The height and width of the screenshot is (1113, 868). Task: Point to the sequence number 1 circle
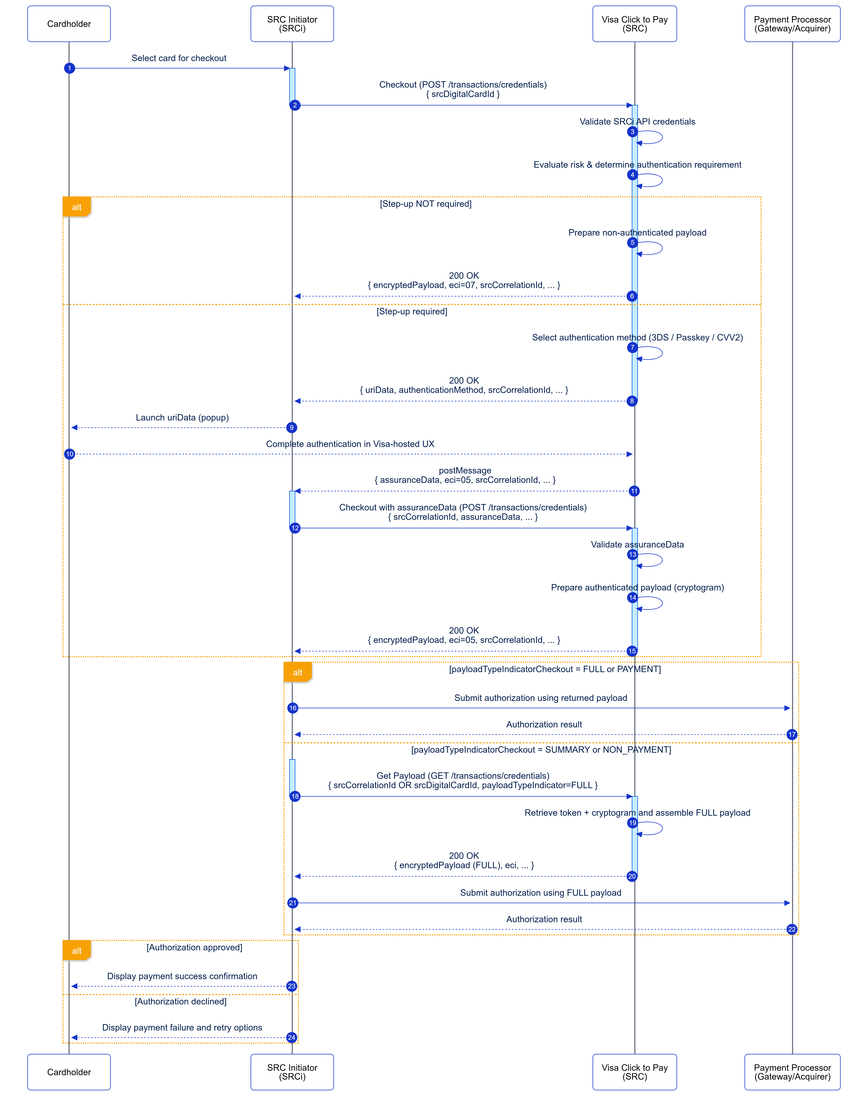pos(69,68)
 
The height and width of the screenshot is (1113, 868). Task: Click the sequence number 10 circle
pos(69,454)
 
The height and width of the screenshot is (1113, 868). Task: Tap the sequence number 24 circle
pos(292,1038)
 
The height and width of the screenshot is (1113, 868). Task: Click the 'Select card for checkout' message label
pos(179,58)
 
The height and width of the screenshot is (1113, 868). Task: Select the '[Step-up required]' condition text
pos(412,311)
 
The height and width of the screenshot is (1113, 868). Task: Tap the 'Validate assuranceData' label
pos(637,544)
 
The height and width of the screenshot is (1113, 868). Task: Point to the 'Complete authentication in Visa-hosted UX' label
pos(350,444)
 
